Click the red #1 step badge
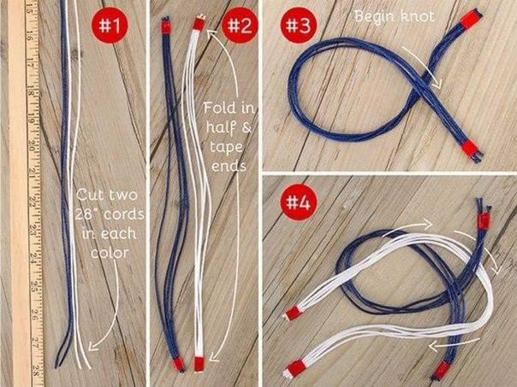coord(110,26)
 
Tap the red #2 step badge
coord(240,26)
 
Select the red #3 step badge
coord(299,26)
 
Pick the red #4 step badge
coord(299,202)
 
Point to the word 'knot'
coord(417,15)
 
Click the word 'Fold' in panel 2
coord(218,108)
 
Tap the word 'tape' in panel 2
coord(226,148)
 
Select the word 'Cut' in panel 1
coord(86,195)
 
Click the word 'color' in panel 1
coord(110,253)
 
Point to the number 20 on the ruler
coord(32,145)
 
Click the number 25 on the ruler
coord(34,286)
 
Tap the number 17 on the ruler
coord(30,62)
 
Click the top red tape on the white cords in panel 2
coord(199,24)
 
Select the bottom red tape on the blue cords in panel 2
coord(178,364)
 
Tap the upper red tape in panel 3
coord(469,19)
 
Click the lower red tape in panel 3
coord(470,148)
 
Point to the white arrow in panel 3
coord(422,67)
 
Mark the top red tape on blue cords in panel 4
coord(484,220)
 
